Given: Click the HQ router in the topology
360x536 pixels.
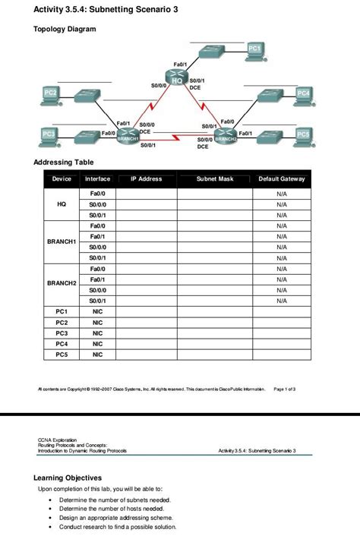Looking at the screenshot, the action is pos(179,78).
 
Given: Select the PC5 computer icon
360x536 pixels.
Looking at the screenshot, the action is pos(302,135).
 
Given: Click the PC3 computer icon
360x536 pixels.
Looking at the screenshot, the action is pos(50,135).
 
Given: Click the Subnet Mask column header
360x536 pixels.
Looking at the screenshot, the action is pos(215,179).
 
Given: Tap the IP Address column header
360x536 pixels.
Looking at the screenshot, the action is pos(146,179).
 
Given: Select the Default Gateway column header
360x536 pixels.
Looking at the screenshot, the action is pos(282,179).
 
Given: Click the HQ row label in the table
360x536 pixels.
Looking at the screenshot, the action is pos(62,204).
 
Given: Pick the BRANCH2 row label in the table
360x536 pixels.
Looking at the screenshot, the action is pos(62,283).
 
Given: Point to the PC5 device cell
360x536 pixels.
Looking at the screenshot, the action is pos(62,354).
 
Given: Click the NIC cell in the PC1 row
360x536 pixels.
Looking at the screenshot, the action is pos(97,311).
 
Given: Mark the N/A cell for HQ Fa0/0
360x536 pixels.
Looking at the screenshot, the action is pos(282,194).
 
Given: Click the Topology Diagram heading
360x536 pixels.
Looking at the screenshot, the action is pos(65,29).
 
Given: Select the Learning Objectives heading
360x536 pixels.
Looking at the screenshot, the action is pos(68,478).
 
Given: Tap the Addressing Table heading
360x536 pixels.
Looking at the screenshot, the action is pos(64,162).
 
